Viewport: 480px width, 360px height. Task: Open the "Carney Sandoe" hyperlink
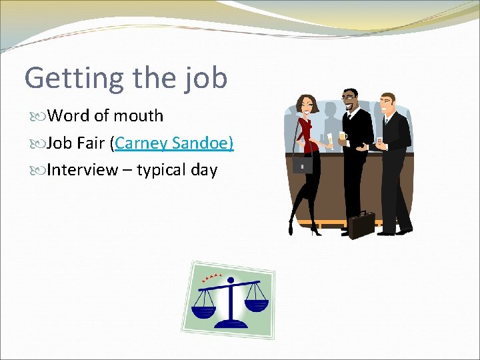[x=173, y=143]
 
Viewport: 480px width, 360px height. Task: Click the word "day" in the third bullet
[x=204, y=170]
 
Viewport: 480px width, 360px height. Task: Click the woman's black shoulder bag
[x=303, y=164]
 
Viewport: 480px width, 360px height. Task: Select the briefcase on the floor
[x=362, y=223]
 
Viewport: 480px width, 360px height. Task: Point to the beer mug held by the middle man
[x=343, y=137]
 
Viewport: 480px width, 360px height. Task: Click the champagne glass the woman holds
[x=329, y=140]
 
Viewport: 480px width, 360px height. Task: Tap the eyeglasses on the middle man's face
[x=349, y=99]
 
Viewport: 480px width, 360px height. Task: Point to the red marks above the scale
[x=214, y=276]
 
